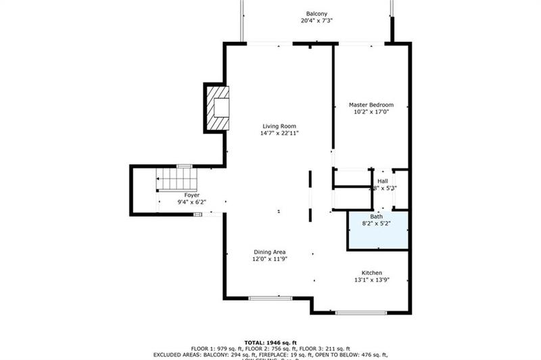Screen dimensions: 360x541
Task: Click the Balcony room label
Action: tap(316, 13)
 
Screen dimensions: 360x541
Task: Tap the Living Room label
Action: tap(279, 126)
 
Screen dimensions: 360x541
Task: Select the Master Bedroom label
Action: tap(371, 105)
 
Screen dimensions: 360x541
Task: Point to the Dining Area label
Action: tap(270, 252)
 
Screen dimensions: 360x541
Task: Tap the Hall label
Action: tap(383, 181)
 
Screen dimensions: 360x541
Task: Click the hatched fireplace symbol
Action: tap(218, 108)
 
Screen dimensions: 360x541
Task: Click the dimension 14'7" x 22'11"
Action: tap(279, 133)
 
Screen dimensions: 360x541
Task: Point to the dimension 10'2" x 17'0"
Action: tap(371, 112)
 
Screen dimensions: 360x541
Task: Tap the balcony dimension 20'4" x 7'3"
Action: tap(316, 20)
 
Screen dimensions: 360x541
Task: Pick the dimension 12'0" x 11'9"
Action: tap(270, 259)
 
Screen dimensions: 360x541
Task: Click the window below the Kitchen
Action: tap(361, 313)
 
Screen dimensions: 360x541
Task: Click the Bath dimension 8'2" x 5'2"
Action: tap(376, 223)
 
